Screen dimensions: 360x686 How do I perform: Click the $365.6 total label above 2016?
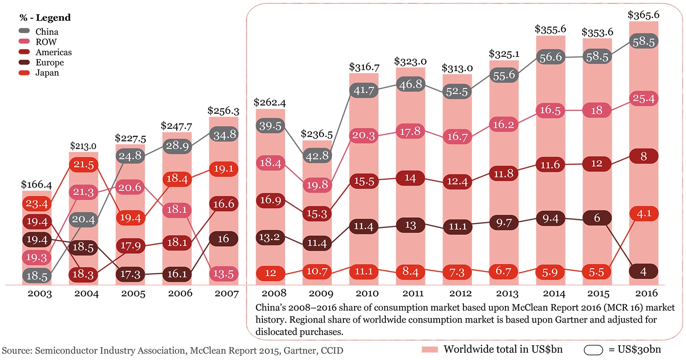coord(643,15)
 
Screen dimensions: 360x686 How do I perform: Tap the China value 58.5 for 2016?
coord(643,42)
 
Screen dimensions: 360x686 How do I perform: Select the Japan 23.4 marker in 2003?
coord(37,204)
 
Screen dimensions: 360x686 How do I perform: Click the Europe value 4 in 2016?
coord(643,272)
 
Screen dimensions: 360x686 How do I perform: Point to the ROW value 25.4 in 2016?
coord(643,99)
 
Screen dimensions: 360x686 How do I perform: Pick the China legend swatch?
coord(24,31)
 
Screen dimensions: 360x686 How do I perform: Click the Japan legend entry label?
coord(47,73)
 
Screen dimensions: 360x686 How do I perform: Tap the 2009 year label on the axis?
coord(321,294)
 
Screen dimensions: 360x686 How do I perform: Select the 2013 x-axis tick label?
coord(507,294)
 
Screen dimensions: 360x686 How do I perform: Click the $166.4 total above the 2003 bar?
coord(36,185)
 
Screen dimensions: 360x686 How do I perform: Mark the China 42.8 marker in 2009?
coord(317,156)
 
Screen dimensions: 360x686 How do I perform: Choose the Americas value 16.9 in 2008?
coord(271,200)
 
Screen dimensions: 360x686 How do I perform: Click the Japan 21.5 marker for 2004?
coord(84,165)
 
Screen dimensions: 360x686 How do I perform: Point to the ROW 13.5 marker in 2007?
coord(223,274)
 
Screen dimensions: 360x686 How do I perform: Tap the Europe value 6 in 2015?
coord(597,218)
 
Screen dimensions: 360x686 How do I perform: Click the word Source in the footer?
coord(16,351)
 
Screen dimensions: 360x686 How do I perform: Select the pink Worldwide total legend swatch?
coord(430,349)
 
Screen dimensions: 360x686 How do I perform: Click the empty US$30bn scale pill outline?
coord(593,350)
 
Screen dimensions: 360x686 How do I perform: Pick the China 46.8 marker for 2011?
coord(411,84)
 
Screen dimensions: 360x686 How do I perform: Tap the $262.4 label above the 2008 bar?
coord(269,102)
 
